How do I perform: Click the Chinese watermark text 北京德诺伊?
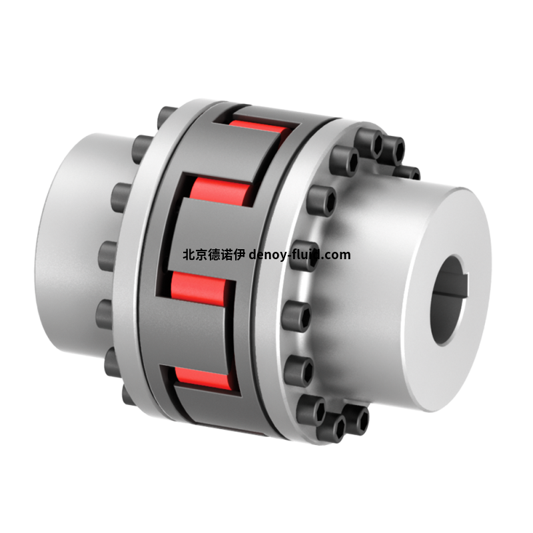(214, 255)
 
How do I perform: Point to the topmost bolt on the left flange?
(167, 114)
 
